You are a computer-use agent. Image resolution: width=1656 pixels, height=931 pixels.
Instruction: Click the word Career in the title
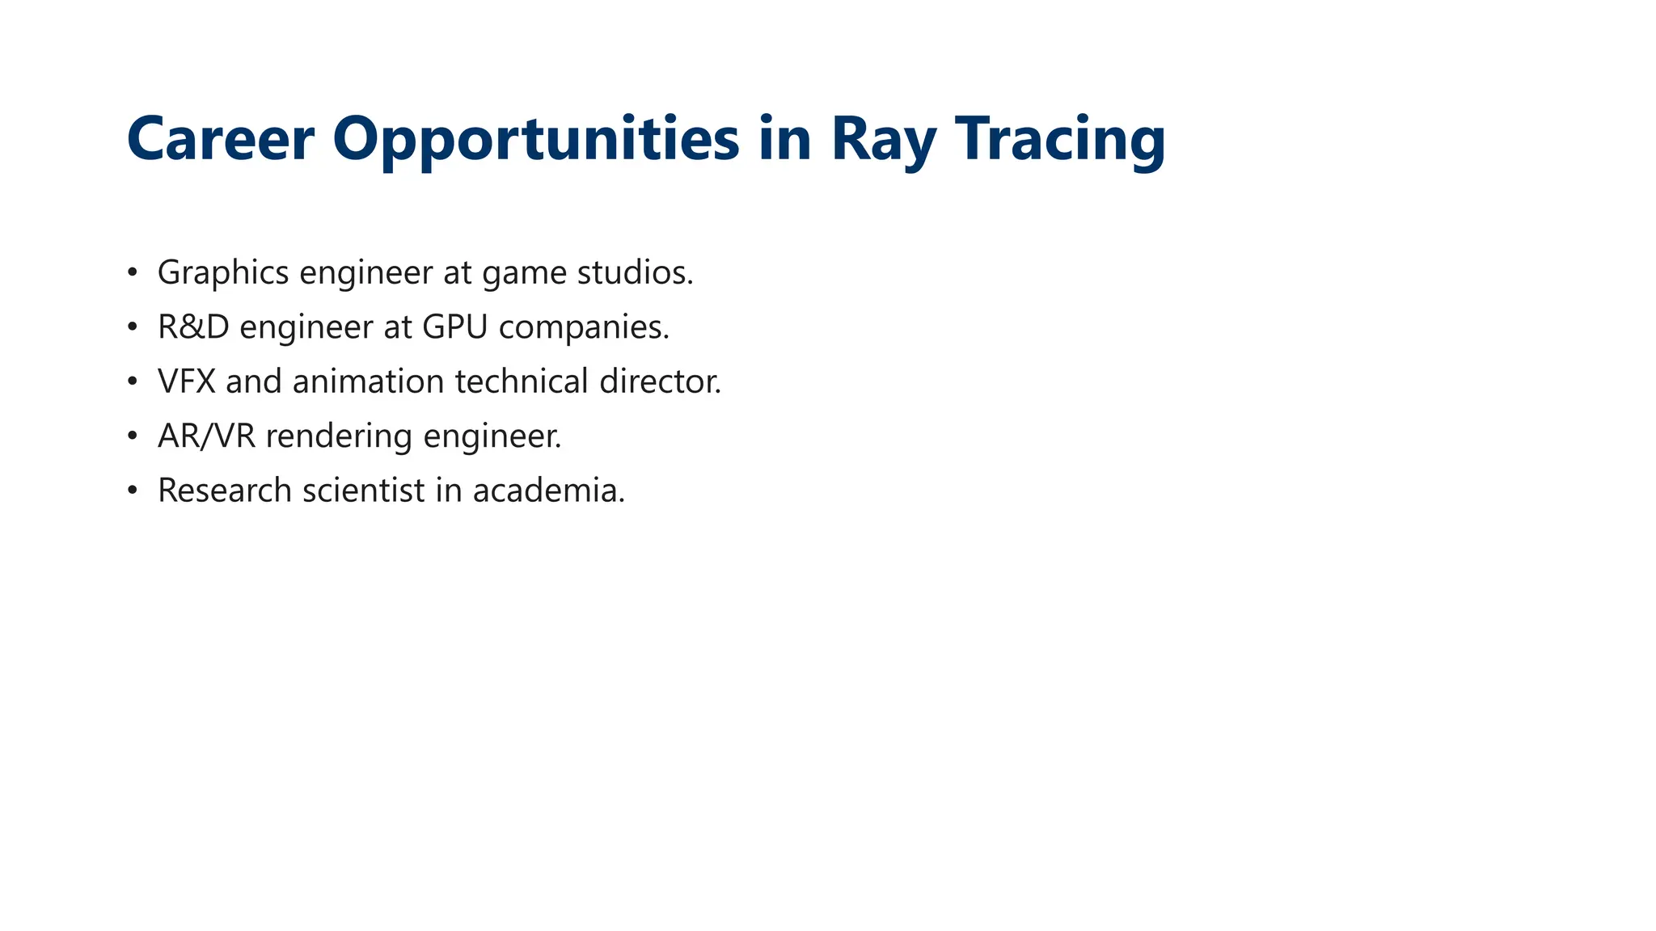click(x=220, y=139)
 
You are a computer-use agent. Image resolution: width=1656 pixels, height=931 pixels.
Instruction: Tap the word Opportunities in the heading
click(x=535, y=139)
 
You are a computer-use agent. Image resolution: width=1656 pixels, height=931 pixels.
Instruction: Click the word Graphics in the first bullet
click(x=223, y=273)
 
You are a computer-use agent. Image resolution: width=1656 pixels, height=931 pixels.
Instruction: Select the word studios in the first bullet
click(x=635, y=273)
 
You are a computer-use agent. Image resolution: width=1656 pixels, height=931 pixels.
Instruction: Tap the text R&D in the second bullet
click(x=193, y=327)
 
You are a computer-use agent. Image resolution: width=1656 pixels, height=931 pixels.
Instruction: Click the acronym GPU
click(x=455, y=327)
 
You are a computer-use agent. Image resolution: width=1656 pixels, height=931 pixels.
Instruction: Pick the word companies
click(x=584, y=327)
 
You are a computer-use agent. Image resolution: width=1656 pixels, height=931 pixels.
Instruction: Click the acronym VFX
click(x=187, y=381)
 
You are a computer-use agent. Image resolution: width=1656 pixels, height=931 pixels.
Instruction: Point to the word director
click(x=660, y=381)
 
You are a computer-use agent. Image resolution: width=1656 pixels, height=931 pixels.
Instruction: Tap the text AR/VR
click(x=206, y=436)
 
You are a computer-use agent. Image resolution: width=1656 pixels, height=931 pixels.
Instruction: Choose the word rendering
click(x=339, y=436)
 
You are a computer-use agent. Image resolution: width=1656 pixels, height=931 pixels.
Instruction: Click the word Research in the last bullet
click(x=225, y=491)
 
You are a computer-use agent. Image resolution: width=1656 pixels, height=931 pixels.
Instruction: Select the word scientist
click(x=364, y=491)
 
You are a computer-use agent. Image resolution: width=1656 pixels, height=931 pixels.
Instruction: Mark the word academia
click(x=548, y=491)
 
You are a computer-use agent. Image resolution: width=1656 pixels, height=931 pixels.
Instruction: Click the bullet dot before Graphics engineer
click(x=133, y=273)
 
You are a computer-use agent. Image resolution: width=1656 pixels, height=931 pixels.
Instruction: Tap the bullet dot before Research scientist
click(x=133, y=491)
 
